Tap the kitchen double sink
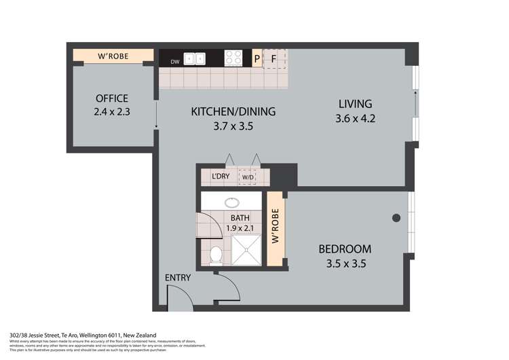[x=195, y=58]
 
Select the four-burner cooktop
[x=234, y=58]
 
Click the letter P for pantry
[x=257, y=59]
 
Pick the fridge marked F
[x=274, y=59]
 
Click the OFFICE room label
[x=112, y=98]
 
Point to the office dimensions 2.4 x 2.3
[x=112, y=112]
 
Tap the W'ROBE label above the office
[x=114, y=56]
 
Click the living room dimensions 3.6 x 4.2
[x=356, y=118]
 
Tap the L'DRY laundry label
[x=221, y=177]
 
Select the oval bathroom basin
[x=232, y=202]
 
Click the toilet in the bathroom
[x=216, y=255]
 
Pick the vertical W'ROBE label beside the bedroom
[x=276, y=230]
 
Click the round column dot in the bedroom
[x=395, y=218]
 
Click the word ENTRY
[x=178, y=278]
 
